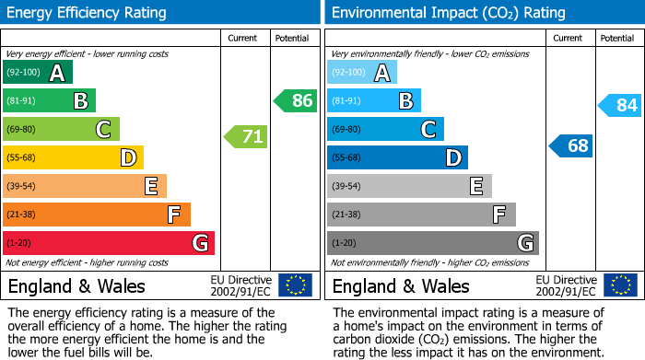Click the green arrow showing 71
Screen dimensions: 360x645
coord(246,137)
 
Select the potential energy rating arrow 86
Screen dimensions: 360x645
coord(296,100)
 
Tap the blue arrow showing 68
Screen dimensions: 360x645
coord(571,145)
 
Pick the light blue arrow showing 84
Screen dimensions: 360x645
coord(620,105)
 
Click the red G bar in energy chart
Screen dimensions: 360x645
coord(109,243)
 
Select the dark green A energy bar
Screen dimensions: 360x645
coord(38,73)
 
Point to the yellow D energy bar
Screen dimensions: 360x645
coord(74,157)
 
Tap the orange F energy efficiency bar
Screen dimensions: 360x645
coord(97,215)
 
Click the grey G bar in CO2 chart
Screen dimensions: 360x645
coord(433,243)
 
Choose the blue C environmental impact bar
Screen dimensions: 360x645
coord(385,129)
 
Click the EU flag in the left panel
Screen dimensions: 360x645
coord(295,285)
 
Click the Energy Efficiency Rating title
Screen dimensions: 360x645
coord(88,13)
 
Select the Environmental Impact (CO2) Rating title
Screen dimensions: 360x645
coord(448,13)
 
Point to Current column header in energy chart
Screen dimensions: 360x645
coord(244,38)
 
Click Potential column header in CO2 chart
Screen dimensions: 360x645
coord(616,38)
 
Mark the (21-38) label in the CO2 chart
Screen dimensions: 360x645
coord(346,215)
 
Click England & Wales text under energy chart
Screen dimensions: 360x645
coord(71,285)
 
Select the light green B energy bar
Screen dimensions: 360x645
coord(50,100)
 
